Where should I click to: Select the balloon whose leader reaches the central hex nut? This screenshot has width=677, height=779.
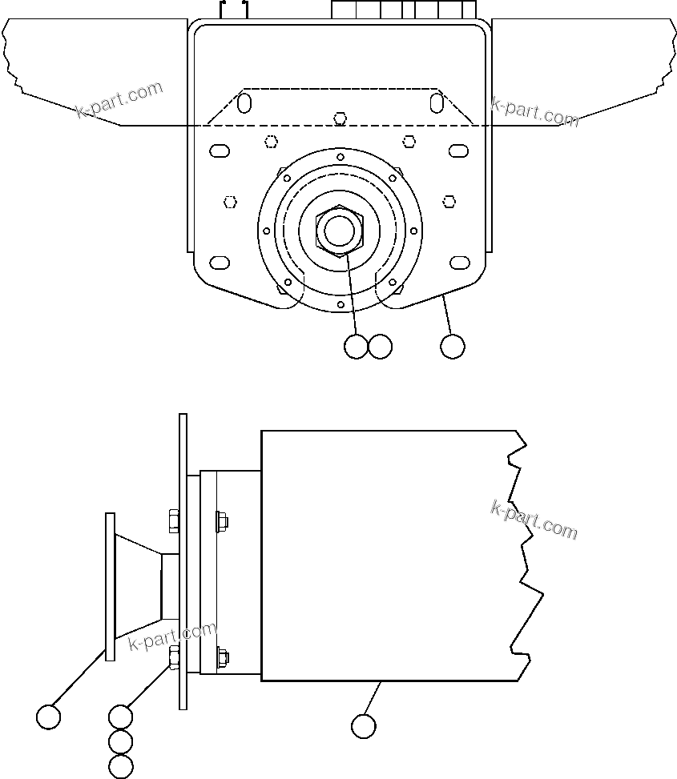click(356, 347)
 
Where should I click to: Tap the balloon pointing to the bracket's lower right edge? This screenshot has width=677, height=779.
click(453, 347)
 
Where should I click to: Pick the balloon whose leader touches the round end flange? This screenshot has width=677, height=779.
click(49, 717)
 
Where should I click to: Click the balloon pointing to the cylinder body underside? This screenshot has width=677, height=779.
click(364, 725)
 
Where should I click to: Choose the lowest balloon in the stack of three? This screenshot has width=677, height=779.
click(120, 766)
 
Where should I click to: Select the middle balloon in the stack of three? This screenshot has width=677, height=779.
click(120, 741)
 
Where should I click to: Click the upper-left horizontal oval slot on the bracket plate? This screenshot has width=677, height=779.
click(219, 150)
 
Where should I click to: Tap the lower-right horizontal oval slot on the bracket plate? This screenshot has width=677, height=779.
click(460, 263)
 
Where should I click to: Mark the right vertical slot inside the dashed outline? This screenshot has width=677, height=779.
click(437, 103)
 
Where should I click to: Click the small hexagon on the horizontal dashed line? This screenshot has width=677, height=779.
click(341, 119)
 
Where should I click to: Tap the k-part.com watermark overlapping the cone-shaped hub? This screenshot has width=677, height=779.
click(172, 636)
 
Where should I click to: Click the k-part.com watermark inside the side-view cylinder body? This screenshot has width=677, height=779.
click(534, 520)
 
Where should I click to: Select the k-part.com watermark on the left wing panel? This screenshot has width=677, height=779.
click(119, 99)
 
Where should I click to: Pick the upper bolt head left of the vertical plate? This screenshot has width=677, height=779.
click(173, 521)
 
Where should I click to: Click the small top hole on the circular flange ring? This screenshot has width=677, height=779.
click(341, 156)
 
